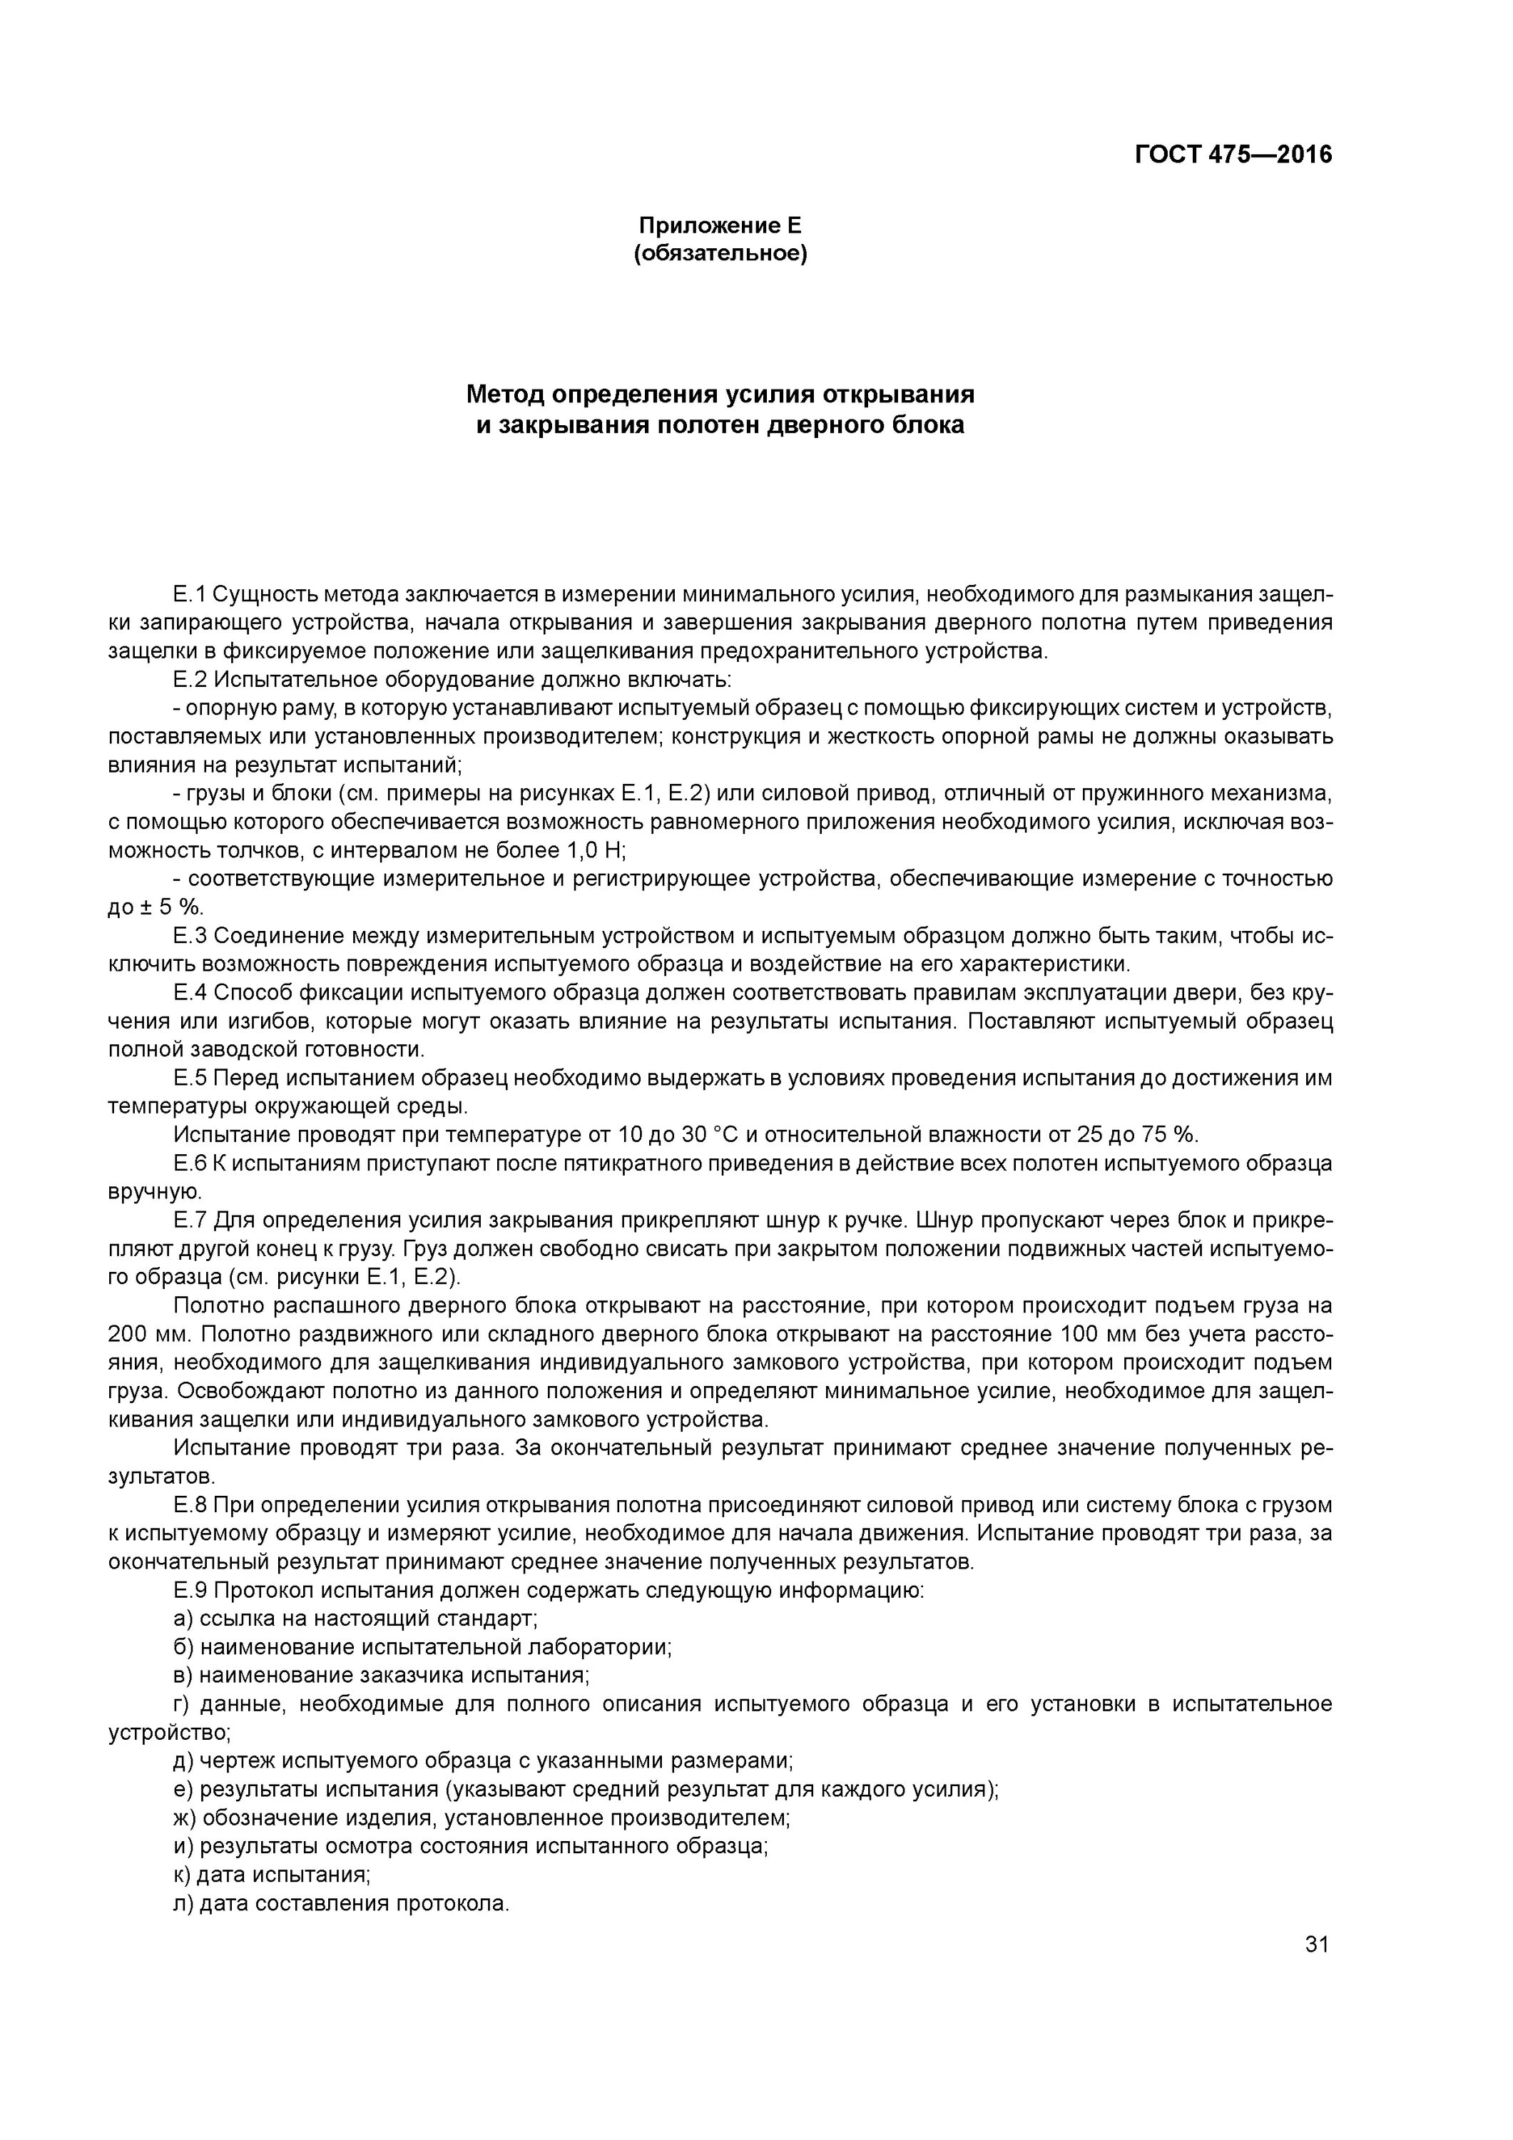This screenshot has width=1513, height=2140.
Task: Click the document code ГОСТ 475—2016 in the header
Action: pyautogui.click(x=1233, y=155)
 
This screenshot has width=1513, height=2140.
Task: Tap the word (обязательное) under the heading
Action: pyautogui.click(x=720, y=253)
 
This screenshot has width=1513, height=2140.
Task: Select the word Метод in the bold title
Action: pyautogui.click(x=505, y=394)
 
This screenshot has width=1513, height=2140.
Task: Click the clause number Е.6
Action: pyautogui.click(x=189, y=1163)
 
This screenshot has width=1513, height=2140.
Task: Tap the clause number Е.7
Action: pyautogui.click(x=189, y=1220)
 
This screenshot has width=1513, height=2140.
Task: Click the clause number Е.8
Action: pyautogui.click(x=189, y=1505)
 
